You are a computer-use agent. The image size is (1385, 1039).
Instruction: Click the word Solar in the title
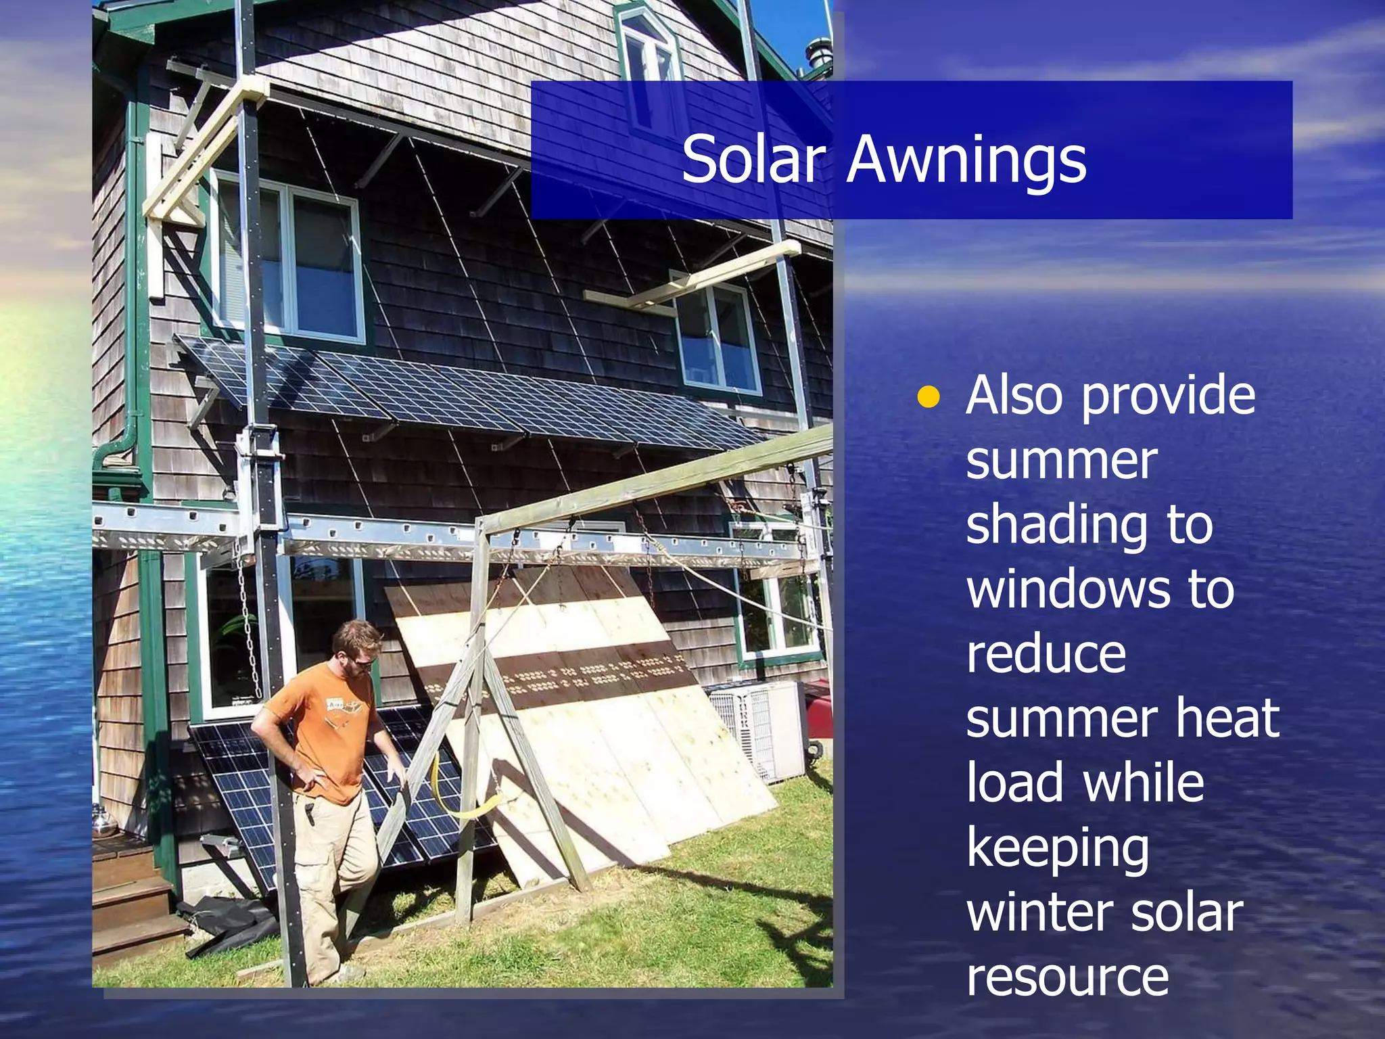click(754, 159)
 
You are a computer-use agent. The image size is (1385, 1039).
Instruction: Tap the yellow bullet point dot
click(929, 398)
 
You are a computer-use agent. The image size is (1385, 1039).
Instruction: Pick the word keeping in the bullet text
click(1058, 851)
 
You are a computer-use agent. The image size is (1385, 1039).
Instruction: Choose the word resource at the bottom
click(1067, 977)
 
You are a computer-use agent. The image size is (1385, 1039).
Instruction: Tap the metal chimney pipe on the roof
click(816, 54)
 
